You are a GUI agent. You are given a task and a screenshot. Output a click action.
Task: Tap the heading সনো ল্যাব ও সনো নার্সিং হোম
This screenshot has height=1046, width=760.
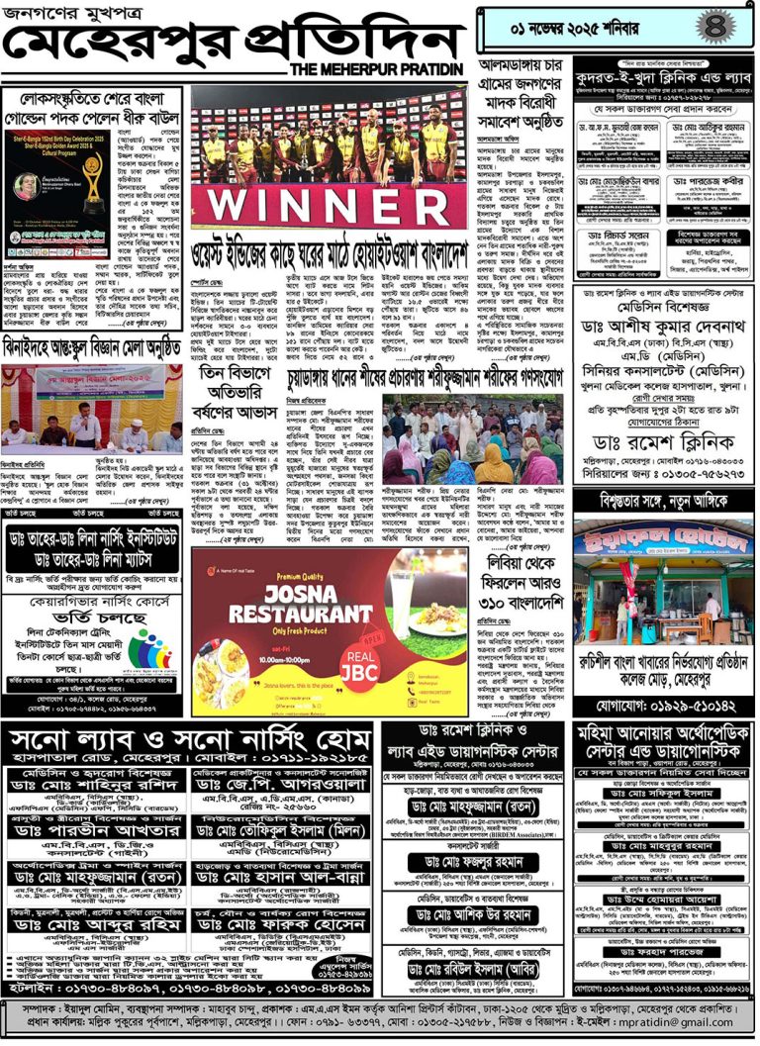188,740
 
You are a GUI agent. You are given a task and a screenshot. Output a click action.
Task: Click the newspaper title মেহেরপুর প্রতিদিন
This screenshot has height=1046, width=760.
228,40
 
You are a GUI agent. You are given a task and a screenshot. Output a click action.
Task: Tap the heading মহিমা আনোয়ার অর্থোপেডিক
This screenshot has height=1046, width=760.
663,732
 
